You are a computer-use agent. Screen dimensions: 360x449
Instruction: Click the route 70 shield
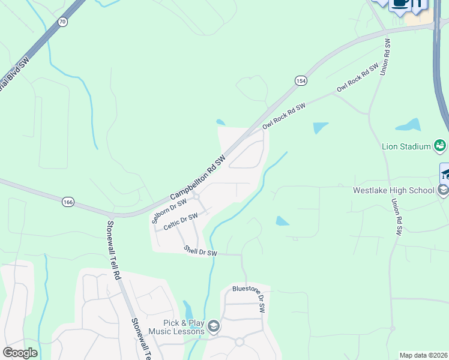coord(63,22)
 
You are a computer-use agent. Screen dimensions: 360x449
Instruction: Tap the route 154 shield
coord(301,80)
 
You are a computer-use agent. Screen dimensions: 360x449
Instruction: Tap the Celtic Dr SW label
coord(181,221)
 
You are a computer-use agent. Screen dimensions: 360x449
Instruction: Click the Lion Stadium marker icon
coord(440,145)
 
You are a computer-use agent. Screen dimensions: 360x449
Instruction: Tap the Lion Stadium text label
coord(406,146)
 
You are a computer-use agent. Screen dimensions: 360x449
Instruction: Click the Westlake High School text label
coord(393,191)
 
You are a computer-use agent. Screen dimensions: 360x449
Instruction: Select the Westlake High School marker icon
coord(443,191)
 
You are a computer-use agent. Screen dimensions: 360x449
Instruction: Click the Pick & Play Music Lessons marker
coord(214,327)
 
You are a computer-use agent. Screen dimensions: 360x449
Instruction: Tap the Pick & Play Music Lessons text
coord(181,326)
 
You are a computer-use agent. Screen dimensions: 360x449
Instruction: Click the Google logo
coord(20,352)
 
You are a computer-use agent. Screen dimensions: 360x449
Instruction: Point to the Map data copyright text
coord(424,355)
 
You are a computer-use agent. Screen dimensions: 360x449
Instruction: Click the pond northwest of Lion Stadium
coord(321,127)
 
